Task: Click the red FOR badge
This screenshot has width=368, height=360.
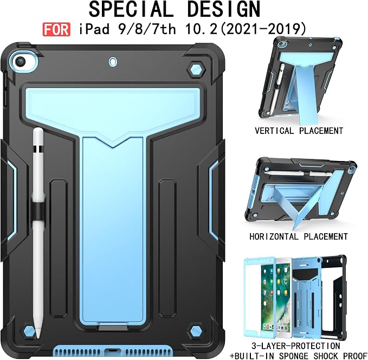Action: click(x=56, y=29)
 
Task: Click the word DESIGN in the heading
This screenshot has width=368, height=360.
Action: click(x=224, y=9)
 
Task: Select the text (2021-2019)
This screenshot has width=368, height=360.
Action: click(x=264, y=29)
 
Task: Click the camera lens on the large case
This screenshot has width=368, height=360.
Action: click(x=20, y=62)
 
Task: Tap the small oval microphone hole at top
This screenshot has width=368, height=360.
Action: click(x=113, y=61)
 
